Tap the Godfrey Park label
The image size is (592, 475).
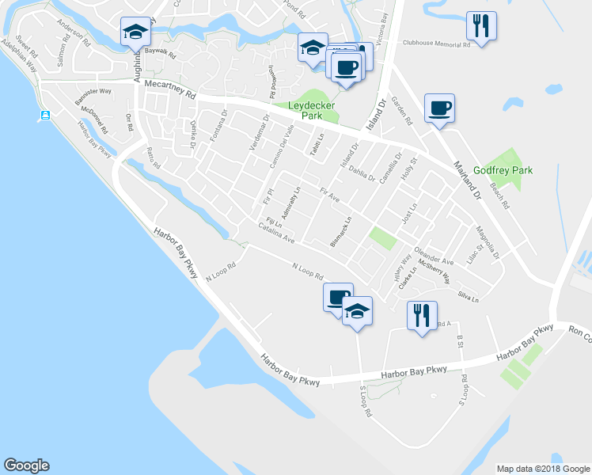pyautogui.click(x=503, y=170)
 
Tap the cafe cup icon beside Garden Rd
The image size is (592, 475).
pyautogui.click(x=439, y=108)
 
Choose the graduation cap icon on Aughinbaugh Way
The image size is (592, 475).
pyautogui.click(x=135, y=32)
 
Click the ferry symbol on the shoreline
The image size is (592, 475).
pyautogui.click(x=45, y=116)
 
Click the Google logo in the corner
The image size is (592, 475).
pyautogui.click(x=26, y=465)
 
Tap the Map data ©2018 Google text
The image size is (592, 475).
pyautogui.click(x=541, y=469)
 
